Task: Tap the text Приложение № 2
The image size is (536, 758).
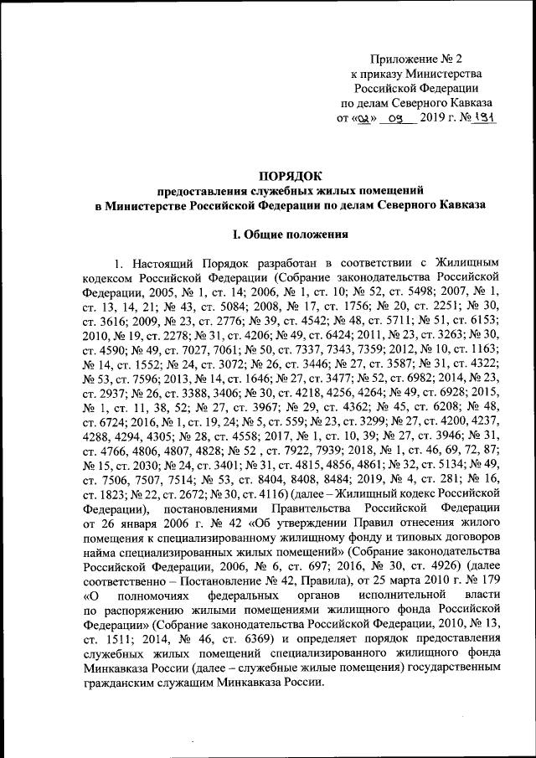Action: coord(416,58)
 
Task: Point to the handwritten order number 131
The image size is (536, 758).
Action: coord(485,118)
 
